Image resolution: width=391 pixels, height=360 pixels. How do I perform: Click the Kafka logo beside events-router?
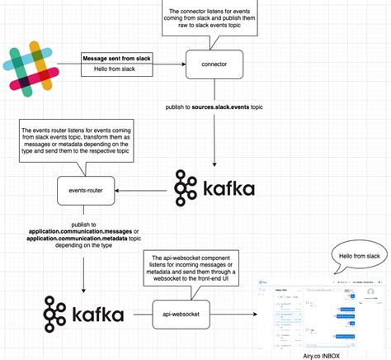[214, 189]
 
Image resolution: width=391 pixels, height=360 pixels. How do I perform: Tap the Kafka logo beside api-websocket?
[85, 315]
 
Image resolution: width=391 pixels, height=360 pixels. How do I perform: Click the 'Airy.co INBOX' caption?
[322, 353]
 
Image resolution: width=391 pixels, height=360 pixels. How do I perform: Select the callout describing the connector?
[210, 19]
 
